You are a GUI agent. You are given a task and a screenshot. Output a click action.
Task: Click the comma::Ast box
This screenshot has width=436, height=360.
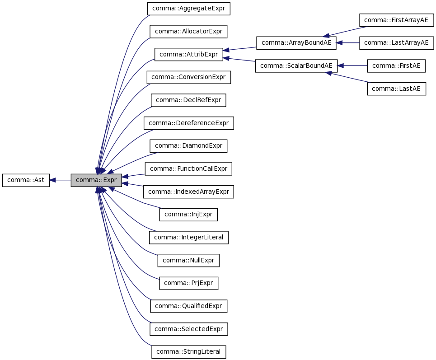tap(26, 180)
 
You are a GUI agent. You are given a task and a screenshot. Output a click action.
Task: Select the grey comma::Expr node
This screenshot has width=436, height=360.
tap(96, 180)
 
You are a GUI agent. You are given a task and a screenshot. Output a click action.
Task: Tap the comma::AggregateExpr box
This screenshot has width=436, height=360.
tap(188, 8)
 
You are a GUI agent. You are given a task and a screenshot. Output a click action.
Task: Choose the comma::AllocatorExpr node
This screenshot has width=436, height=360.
tap(188, 31)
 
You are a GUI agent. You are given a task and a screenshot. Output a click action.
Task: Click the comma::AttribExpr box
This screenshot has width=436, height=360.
tap(188, 54)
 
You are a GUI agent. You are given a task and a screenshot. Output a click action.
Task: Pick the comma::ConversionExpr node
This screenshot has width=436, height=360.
tap(188, 77)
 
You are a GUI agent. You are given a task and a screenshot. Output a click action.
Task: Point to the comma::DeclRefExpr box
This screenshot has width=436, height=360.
tap(188, 100)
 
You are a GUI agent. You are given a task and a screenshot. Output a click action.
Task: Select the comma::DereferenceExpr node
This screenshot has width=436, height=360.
tap(188, 123)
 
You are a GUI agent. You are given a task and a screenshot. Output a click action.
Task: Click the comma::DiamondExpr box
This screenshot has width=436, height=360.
tap(188, 146)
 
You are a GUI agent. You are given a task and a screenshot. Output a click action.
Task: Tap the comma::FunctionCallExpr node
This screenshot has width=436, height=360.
tap(188, 169)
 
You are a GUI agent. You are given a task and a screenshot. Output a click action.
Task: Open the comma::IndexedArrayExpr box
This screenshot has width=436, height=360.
tap(188, 192)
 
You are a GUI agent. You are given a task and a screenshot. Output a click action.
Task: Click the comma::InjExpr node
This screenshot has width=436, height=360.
tap(188, 215)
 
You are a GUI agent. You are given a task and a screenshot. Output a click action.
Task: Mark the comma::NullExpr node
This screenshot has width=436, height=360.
tap(188, 261)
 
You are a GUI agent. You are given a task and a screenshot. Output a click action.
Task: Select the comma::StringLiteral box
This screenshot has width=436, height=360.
tap(188, 352)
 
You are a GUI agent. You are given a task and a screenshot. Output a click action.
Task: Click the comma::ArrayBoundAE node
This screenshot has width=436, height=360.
tap(296, 43)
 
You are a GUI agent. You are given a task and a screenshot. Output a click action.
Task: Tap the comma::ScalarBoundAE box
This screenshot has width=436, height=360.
tap(296, 65)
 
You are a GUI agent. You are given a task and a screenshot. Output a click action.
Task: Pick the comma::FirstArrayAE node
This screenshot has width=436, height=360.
tap(396, 20)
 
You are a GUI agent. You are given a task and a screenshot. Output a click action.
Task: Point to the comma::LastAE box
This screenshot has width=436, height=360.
tap(396, 89)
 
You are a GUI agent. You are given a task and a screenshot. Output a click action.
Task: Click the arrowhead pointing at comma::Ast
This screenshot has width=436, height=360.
tap(53, 180)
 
